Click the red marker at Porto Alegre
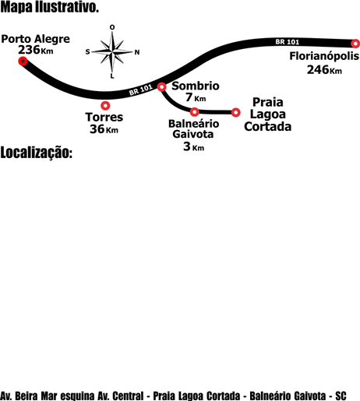23,61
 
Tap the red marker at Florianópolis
355,44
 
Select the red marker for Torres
105,105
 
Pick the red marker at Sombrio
161,86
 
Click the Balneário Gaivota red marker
195,112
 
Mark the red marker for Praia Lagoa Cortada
235,112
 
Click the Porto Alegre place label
36,40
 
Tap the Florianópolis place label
324,56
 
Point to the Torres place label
104,117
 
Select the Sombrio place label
196,86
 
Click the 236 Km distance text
36,50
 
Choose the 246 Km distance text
324,70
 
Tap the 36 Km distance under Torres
104,129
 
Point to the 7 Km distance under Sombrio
196,97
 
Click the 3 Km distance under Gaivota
194,146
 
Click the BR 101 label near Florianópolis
288,42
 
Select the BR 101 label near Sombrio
141,90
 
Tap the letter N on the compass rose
137,52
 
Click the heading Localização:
37,153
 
